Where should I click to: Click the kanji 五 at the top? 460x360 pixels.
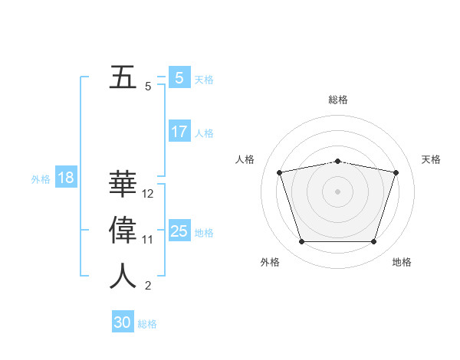click(x=123, y=78)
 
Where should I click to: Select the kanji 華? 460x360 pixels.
click(x=123, y=185)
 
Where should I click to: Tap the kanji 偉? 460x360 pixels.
click(x=123, y=231)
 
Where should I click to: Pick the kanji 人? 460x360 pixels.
click(x=123, y=277)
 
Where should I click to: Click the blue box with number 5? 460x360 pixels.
click(x=179, y=78)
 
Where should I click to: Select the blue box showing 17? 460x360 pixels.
click(x=179, y=132)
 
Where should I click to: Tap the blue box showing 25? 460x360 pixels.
click(x=179, y=231)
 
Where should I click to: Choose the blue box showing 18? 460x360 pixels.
click(x=65, y=178)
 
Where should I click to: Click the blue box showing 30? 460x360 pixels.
click(x=123, y=322)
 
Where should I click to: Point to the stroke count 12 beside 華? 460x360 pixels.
click(x=148, y=194)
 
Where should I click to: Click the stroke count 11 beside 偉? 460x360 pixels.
click(x=148, y=240)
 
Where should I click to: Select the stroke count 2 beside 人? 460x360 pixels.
click(x=148, y=286)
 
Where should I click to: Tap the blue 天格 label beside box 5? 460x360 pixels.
click(x=204, y=79)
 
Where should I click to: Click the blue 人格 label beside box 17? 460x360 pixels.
click(x=204, y=133)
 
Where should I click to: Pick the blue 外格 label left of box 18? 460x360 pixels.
click(x=41, y=179)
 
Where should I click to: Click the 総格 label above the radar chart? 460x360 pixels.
click(x=338, y=100)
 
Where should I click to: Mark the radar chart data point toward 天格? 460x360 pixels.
click(x=396, y=172)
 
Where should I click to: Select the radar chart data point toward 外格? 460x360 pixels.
click(x=301, y=242)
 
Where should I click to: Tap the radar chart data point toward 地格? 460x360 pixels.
click(x=373, y=242)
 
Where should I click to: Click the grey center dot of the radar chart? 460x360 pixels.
click(x=337, y=191)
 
